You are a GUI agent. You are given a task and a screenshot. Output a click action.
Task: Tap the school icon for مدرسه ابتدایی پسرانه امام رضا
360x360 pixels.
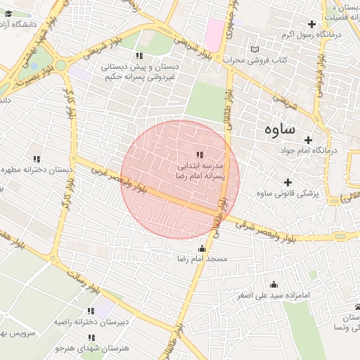(x=200, y=155)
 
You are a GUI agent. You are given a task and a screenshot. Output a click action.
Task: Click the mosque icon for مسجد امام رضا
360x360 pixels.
(x=203, y=247)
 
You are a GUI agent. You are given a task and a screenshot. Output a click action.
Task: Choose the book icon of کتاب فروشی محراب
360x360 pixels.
(x=255, y=49)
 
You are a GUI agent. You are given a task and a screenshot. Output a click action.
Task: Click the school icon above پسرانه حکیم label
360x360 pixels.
(x=139, y=56)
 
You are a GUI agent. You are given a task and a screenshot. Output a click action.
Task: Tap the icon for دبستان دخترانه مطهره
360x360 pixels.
(x=37, y=159)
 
